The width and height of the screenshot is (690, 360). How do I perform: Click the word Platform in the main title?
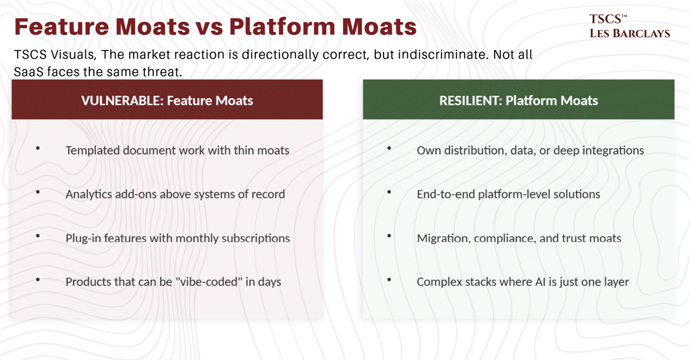282,27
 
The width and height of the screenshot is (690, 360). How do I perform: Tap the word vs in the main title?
209,27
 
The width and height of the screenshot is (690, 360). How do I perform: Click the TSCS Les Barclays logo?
629,26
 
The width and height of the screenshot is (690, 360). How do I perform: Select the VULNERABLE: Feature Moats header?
167,100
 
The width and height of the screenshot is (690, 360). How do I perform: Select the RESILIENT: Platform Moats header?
519,100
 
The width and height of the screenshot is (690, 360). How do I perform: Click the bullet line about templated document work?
177,151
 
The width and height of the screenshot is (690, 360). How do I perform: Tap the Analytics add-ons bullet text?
175,194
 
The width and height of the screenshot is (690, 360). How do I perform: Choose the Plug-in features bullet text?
178,238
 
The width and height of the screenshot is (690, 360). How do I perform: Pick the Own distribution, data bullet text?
530,151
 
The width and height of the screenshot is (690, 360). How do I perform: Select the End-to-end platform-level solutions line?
509,194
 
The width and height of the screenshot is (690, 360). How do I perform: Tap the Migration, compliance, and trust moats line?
519,238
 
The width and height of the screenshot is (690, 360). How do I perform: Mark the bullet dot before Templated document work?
38,148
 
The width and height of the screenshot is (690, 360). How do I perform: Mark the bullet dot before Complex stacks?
389,280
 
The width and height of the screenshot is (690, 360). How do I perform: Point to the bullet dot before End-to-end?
389,192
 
